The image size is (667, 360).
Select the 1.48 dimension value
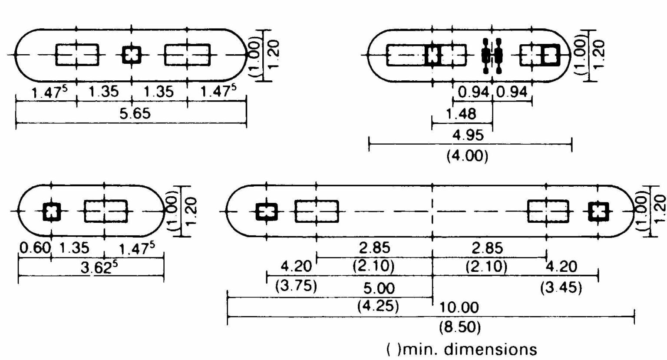coord(461,114)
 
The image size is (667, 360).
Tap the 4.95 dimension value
coord(468,135)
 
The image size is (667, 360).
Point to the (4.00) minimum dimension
coord(467,155)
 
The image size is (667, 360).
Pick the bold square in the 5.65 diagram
coord(132,55)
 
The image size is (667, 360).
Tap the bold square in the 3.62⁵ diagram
coord(52,211)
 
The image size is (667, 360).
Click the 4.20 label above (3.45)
coord(562,266)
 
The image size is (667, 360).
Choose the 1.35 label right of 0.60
coord(74,248)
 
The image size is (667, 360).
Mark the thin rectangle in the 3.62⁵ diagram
coord(106,211)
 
